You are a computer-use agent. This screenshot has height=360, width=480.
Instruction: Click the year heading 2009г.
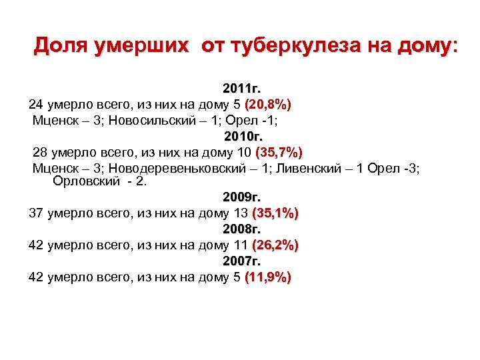242,198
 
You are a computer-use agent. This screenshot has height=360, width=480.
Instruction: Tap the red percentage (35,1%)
275,214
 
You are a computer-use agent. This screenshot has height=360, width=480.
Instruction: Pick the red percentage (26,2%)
275,245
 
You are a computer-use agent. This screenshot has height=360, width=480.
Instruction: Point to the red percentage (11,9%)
268,277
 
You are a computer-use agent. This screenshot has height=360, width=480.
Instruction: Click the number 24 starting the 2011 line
36,105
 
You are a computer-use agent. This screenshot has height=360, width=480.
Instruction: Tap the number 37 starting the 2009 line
36,214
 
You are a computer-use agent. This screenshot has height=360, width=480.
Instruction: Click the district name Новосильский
146,121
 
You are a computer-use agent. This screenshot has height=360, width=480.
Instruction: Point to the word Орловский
85,181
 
